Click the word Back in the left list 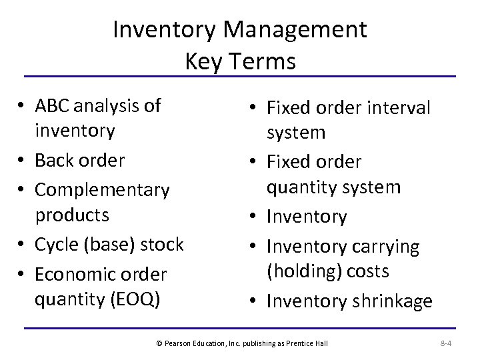tap(53, 161)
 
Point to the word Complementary tap(102, 191)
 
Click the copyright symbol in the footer tap(159, 343)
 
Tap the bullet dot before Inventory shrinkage tap(254, 301)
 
